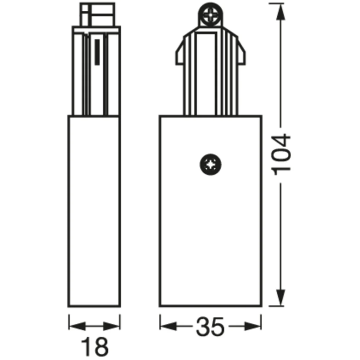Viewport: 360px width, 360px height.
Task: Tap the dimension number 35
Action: [211, 327]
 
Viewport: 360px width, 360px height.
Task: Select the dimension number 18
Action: [94, 345]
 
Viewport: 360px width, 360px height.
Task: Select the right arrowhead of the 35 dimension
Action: [257, 326]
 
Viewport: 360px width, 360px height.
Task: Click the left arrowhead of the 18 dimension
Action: [74, 326]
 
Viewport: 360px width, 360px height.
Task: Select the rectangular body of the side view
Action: [94, 211]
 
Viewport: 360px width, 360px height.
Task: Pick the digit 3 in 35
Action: [203, 327]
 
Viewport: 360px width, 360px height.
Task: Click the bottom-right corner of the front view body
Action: [262, 307]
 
